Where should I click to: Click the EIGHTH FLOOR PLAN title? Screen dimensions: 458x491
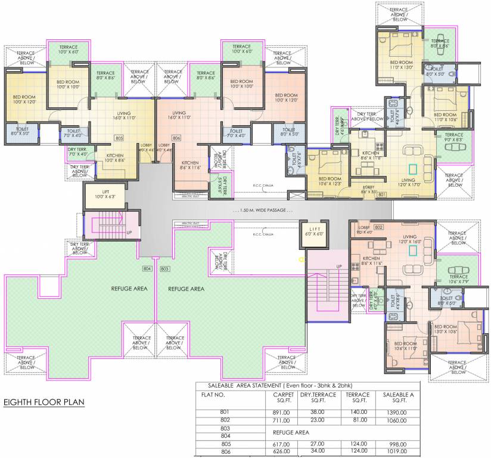pyautogui.click(x=44, y=403)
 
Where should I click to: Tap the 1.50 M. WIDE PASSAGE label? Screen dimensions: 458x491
pyautogui.click(x=264, y=211)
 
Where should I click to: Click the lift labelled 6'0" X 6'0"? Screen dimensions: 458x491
pyautogui.click(x=315, y=231)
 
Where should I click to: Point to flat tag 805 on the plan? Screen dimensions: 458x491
pyautogui.click(x=119, y=138)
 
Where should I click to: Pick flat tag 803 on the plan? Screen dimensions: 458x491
pyautogui.click(x=165, y=270)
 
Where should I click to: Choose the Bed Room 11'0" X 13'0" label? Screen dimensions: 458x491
pyautogui.click(x=401, y=65)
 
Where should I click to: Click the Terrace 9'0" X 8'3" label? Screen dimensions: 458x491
pyautogui.click(x=453, y=138)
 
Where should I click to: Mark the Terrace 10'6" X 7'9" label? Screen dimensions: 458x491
pyautogui.click(x=458, y=279)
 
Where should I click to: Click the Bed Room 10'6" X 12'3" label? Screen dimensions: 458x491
pyautogui.click(x=330, y=181)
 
